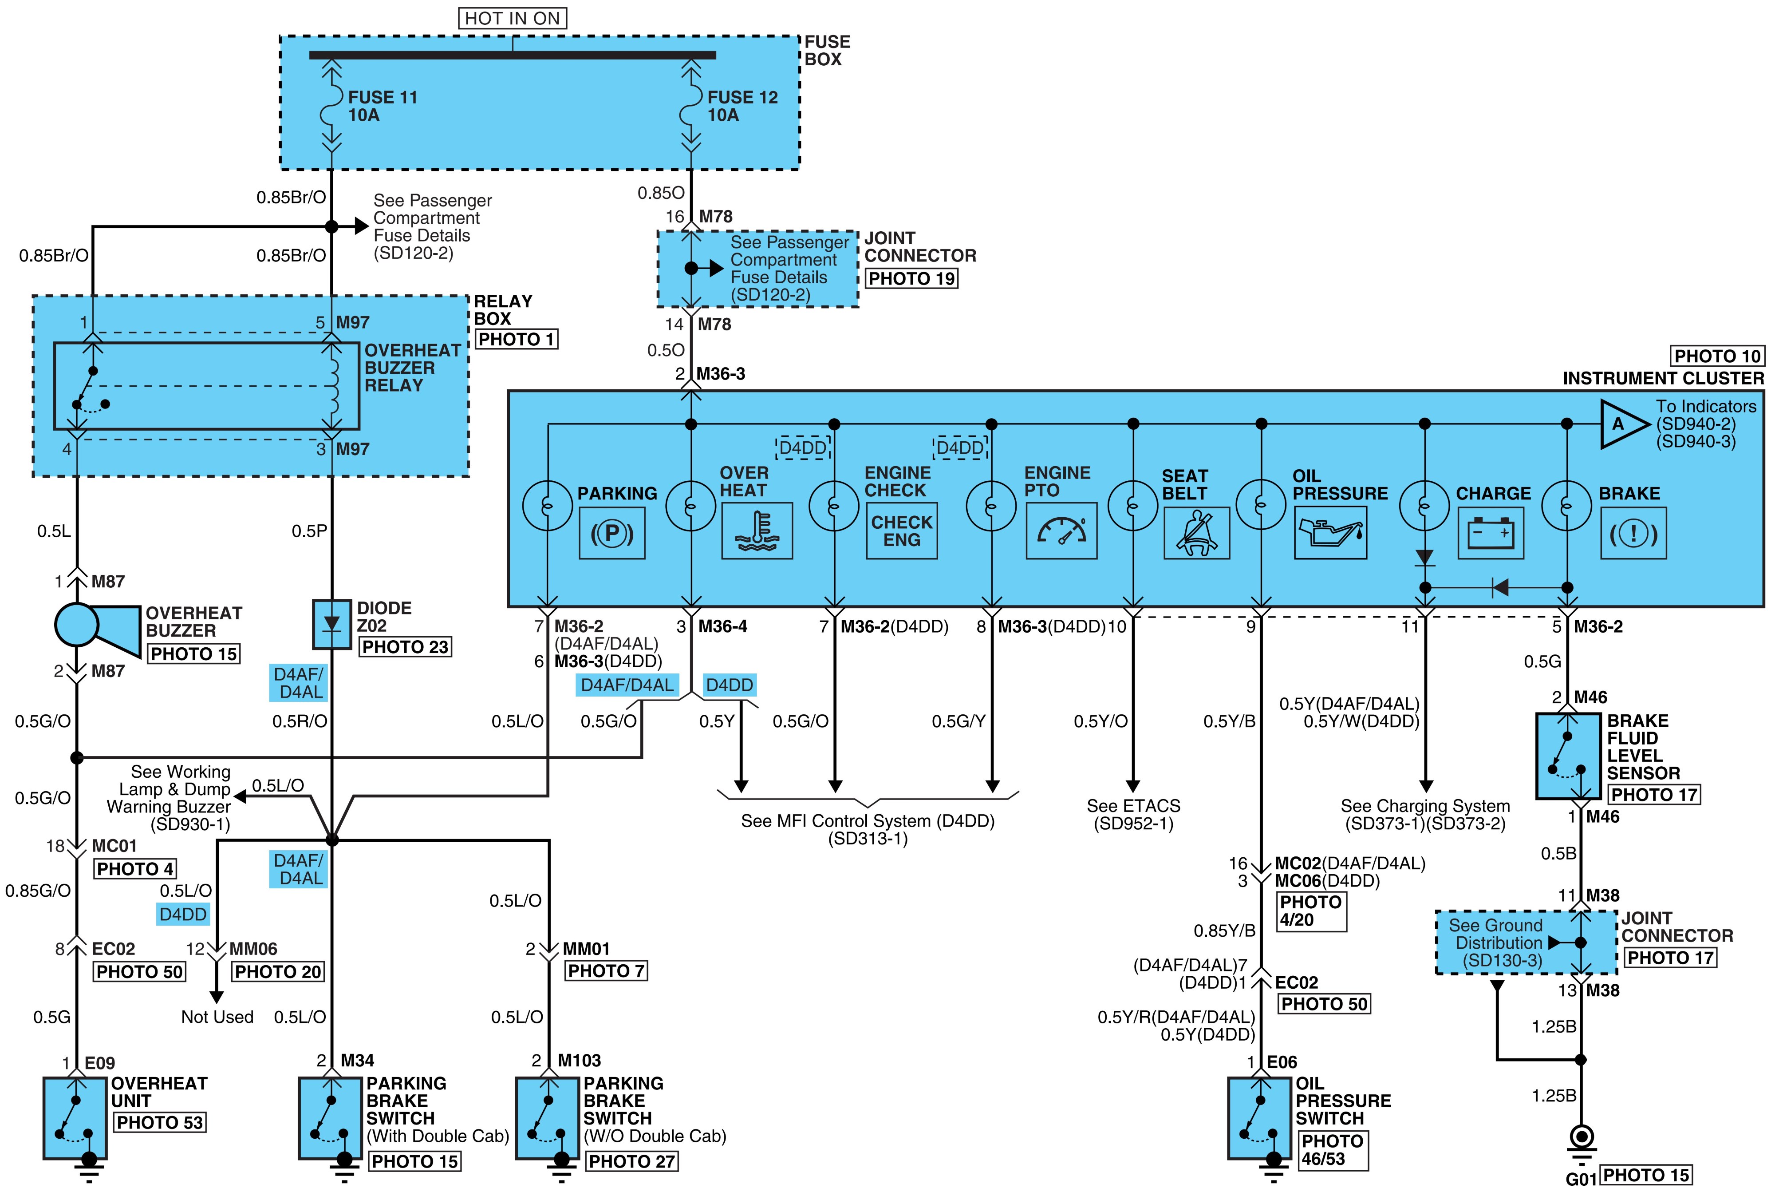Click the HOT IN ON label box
(x=513, y=18)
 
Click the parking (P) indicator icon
(x=612, y=532)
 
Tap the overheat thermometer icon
(x=756, y=531)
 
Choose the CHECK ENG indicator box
(x=902, y=531)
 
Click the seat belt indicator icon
(x=1196, y=532)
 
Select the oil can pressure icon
(x=1330, y=532)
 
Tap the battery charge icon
(x=1491, y=532)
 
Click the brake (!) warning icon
(x=1633, y=532)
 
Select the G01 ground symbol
(x=1582, y=1141)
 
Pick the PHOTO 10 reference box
(x=1717, y=356)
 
